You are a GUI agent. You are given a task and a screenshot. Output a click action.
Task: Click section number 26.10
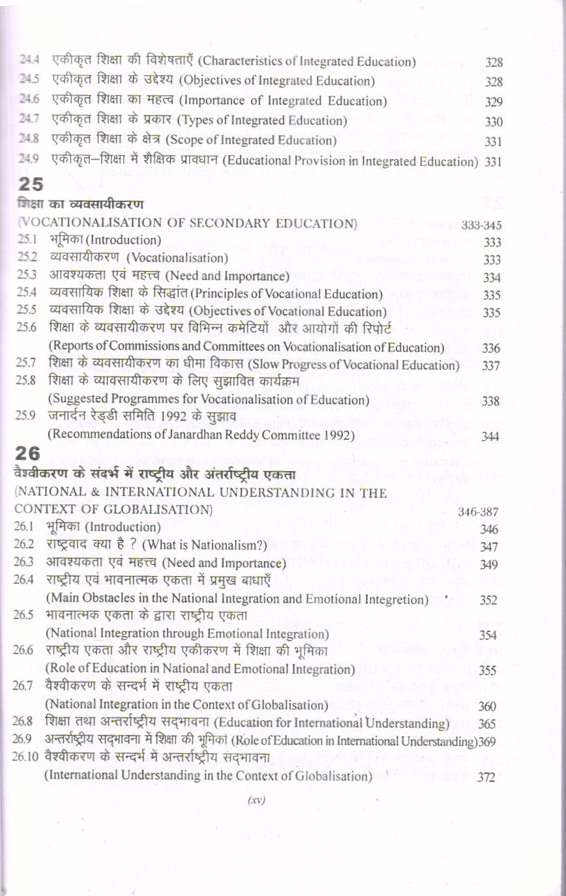coord(29,758)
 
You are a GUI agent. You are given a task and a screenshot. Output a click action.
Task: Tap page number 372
coord(486,777)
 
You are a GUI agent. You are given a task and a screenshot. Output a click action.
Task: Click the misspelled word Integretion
coord(395,598)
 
